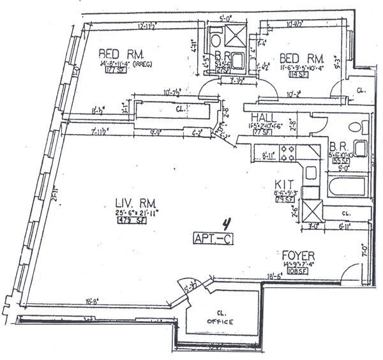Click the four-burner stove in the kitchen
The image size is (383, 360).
point(287,153)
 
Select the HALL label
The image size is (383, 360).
point(263,117)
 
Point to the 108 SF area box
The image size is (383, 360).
point(296,271)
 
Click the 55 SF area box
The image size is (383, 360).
point(337,163)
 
